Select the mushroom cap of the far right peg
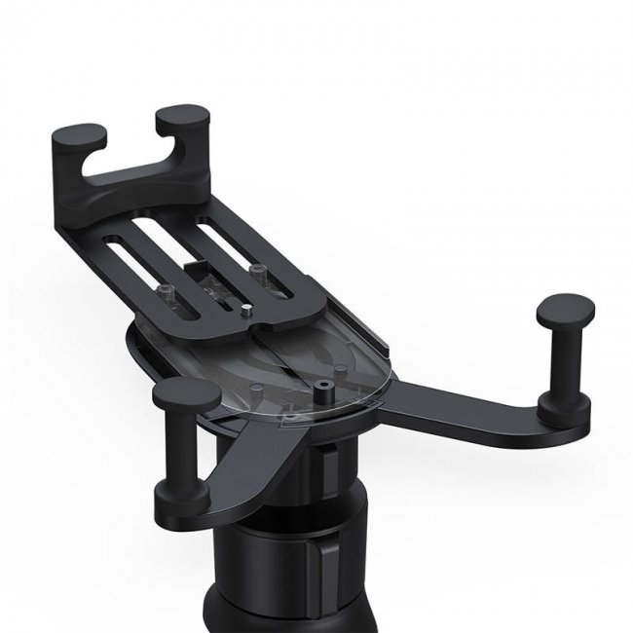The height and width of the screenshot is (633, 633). [565, 313]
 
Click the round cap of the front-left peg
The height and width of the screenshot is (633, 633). [186, 394]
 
